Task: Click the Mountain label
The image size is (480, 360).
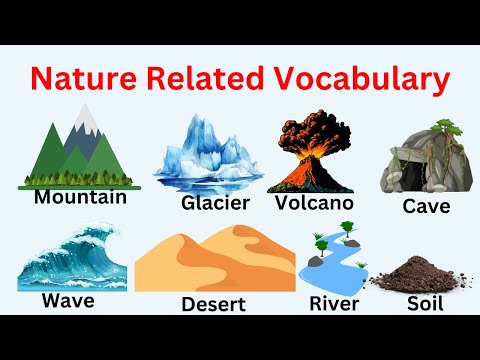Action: pyautogui.click(x=80, y=197)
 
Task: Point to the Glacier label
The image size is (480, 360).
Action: pyautogui.click(x=215, y=204)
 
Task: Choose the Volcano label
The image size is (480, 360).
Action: pyautogui.click(x=314, y=203)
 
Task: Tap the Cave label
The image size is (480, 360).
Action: pyautogui.click(x=426, y=208)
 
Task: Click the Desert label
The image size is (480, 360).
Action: pyautogui.click(x=215, y=303)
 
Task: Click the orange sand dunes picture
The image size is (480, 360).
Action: pyautogui.click(x=214, y=260)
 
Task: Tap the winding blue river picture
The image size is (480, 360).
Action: pyautogui.click(x=330, y=262)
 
